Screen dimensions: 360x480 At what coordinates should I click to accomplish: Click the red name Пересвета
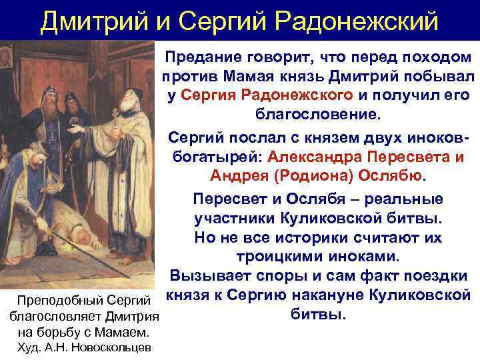[400, 157]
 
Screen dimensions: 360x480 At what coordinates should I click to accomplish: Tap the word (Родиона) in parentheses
[295, 176]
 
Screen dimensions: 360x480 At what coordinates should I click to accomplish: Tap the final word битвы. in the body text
[319, 312]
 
